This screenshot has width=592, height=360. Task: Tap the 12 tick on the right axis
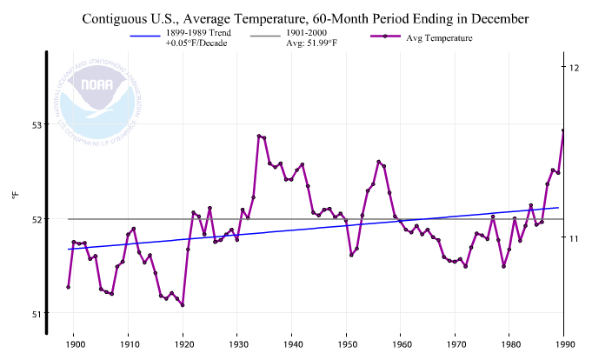(575, 68)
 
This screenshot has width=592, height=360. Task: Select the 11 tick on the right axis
(575, 237)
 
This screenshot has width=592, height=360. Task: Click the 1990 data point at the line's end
(563, 130)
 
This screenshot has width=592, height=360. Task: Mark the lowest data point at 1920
(183, 305)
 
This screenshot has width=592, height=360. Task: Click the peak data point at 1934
(259, 136)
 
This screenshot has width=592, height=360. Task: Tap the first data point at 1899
(68, 287)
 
